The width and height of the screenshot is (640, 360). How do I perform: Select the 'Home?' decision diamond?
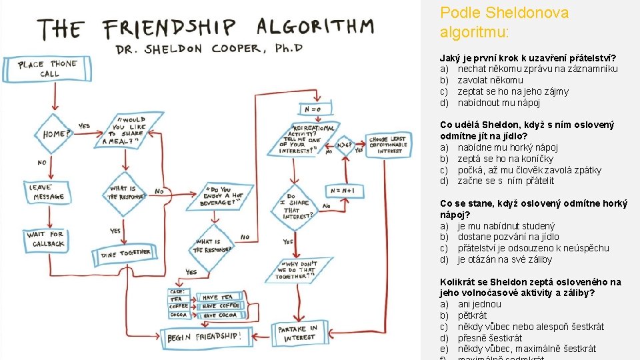coord(56,134)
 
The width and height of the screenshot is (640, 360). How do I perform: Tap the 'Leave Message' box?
coord(47,192)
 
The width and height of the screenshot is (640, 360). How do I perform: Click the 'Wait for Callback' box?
coord(46,239)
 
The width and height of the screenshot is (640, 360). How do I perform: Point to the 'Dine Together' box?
coord(125,253)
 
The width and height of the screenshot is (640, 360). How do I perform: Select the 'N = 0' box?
coord(313,109)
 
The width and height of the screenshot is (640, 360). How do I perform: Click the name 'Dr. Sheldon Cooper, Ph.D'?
coord(209,49)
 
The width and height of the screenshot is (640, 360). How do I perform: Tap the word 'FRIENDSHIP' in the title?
coord(170,28)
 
